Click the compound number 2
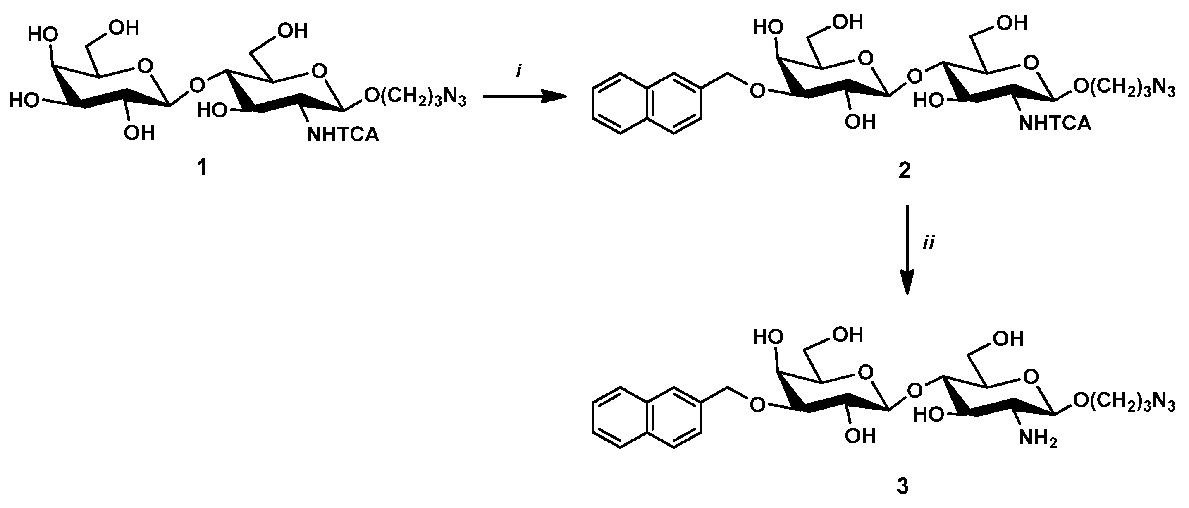coord(904,170)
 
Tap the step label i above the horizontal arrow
coord(519,71)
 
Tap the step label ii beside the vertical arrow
coord(928,243)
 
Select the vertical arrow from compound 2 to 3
coord(907,249)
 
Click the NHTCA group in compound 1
coord(343,135)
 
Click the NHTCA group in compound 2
coord(1055,123)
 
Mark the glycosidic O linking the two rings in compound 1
coord(197,84)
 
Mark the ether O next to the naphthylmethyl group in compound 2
coord(757,91)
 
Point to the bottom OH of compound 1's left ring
coord(138,133)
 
